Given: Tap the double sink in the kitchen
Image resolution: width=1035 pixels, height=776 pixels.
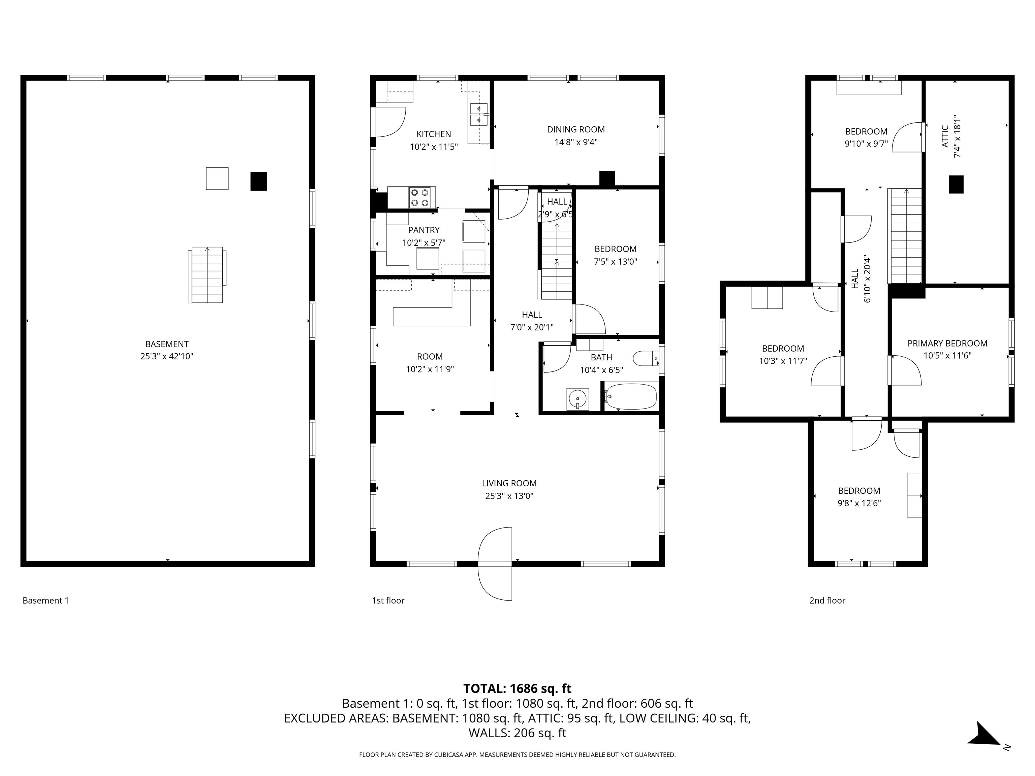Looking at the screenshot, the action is click(x=478, y=115).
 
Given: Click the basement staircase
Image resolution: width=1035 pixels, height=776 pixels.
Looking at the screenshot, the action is click(x=207, y=275).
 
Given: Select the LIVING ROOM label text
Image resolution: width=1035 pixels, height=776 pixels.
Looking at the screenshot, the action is click(x=509, y=483).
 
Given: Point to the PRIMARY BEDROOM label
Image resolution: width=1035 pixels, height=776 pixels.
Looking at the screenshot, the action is click(x=947, y=343).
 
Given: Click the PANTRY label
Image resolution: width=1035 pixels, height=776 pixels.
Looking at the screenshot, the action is click(x=424, y=230).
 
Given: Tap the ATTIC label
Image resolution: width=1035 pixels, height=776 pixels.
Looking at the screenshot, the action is click(x=945, y=136).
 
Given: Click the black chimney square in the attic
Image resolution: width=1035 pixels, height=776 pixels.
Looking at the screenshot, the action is click(x=956, y=184).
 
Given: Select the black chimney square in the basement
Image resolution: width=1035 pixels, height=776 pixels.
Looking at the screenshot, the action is click(x=258, y=181).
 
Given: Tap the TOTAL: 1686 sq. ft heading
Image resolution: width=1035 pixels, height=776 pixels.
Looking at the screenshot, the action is click(x=517, y=688).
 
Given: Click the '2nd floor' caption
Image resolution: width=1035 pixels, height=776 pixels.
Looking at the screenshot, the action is click(x=827, y=601).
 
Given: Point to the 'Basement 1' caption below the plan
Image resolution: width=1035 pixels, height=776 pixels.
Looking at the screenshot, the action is click(x=46, y=601).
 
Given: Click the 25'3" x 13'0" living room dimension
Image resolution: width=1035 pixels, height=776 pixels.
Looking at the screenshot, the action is click(x=509, y=496).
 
